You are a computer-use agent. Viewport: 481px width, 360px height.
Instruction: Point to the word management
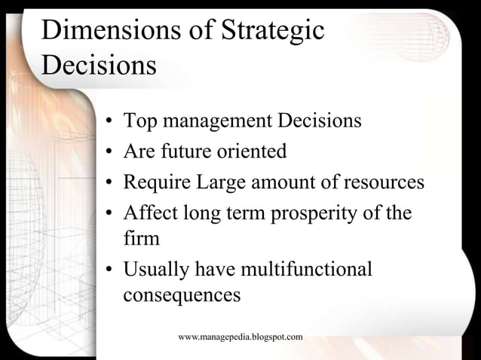[218, 121]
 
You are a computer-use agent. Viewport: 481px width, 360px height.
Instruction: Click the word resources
[384, 182]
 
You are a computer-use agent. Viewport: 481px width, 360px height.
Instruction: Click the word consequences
[181, 294]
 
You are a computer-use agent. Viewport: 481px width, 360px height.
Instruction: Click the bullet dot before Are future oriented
[109, 153]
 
